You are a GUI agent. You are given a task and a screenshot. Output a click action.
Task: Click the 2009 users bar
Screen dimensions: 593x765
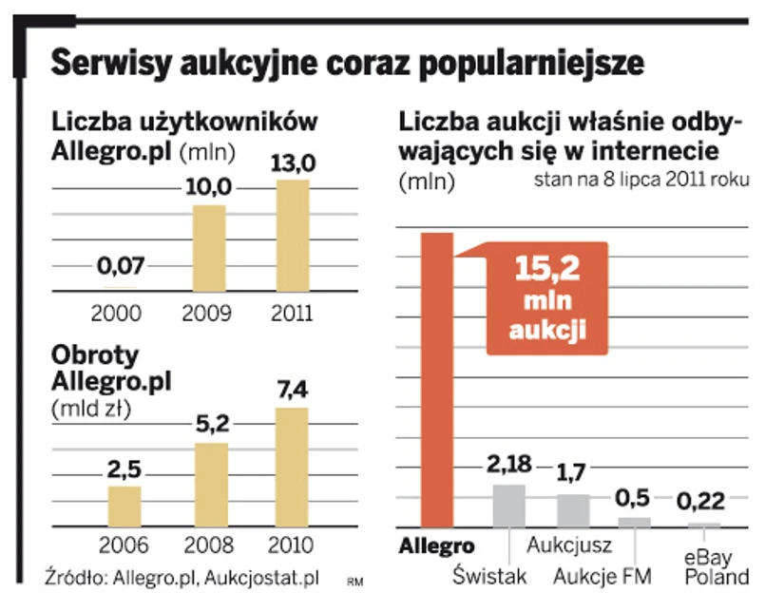click(x=211, y=246)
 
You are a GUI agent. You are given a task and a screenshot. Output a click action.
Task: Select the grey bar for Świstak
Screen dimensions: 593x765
click(x=508, y=506)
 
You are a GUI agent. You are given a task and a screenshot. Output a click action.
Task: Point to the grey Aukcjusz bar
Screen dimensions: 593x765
click(x=573, y=510)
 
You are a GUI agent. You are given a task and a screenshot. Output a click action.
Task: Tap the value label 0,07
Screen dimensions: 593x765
click(x=120, y=269)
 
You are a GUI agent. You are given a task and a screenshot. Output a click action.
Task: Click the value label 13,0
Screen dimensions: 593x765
click(x=293, y=163)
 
